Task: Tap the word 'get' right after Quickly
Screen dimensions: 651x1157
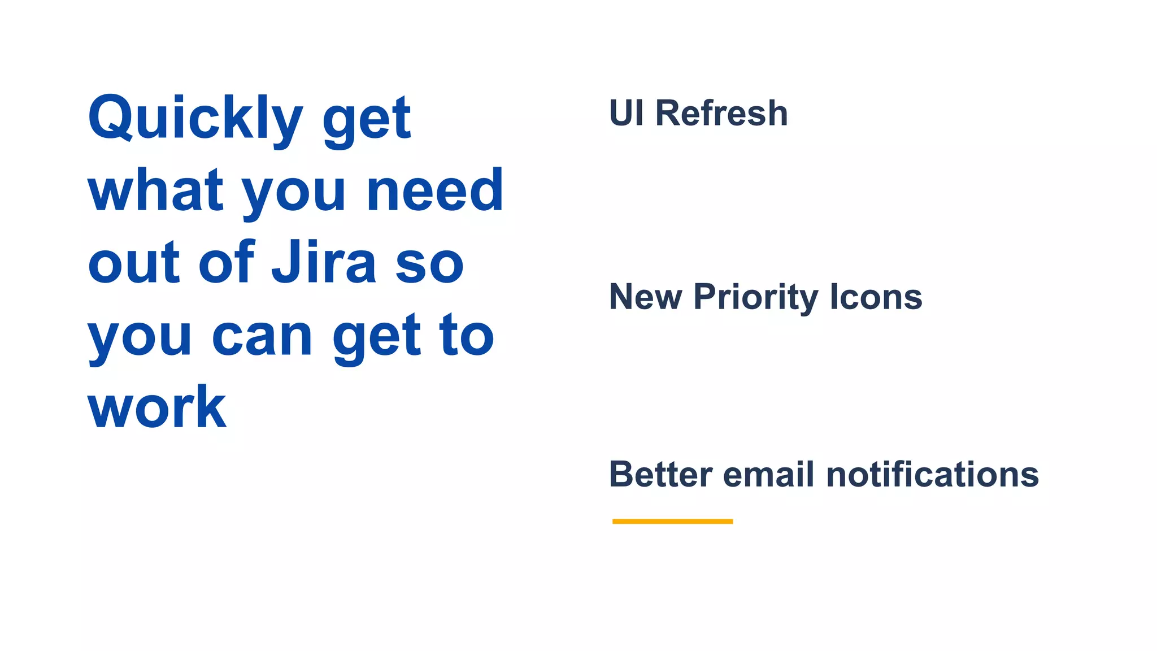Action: click(366, 120)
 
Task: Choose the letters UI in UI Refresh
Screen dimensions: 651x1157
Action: click(627, 113)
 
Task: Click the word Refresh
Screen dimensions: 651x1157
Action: click(721, 113)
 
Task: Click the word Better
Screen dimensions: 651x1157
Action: click(660, 474)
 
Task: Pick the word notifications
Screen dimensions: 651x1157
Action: click(932, 474)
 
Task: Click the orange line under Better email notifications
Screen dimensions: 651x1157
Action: click(672, 521)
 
